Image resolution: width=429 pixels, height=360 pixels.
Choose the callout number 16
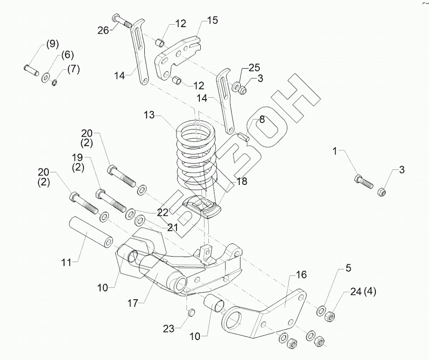click(x=301, y=275)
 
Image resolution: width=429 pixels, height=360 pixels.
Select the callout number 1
click(x=335, y=152)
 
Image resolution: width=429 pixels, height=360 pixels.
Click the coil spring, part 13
click(x=194, y=152)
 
